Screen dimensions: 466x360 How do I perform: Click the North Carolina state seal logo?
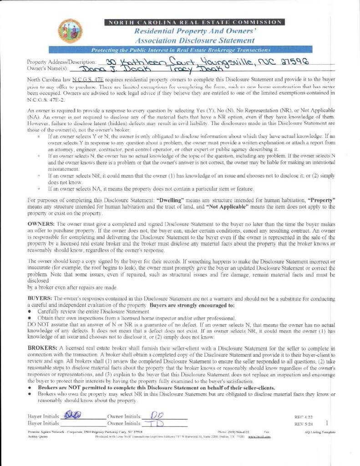(70, 31)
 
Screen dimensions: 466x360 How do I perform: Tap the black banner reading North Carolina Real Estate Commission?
(194, 22)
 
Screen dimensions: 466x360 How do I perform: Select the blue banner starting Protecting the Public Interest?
(181, 50)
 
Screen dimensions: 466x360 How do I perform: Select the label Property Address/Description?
(61, 62)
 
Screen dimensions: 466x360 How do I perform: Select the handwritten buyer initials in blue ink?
(72, 415)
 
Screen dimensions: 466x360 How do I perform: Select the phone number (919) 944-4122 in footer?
(233, 431)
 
